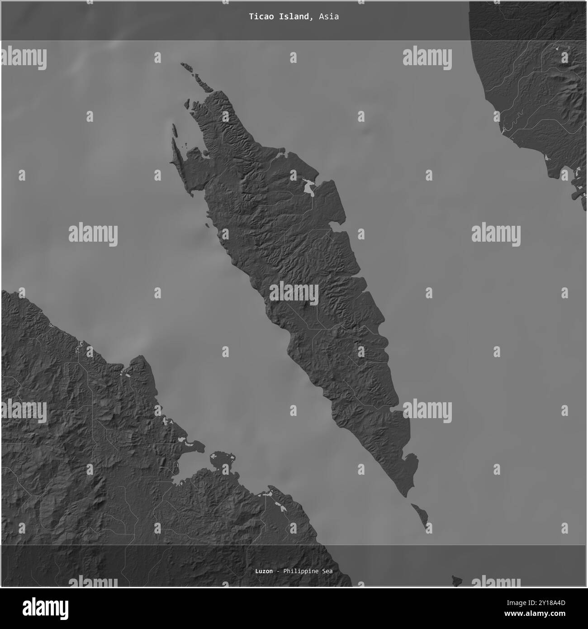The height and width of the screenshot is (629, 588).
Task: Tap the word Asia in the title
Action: tap(328, 17)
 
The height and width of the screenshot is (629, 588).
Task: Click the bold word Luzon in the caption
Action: tap(264, 571)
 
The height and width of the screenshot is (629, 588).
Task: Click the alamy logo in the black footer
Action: tap(47, 607)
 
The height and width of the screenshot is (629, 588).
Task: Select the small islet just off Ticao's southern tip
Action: tap(421, 516)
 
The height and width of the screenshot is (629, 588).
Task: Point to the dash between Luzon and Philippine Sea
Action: tap(278, 571)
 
